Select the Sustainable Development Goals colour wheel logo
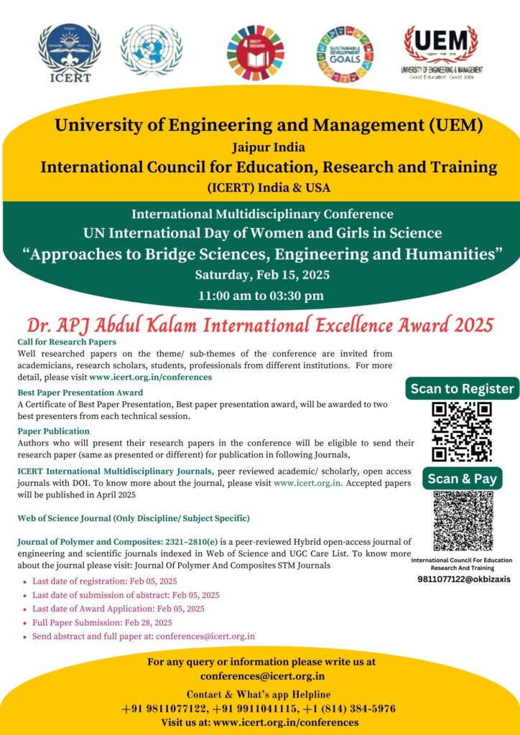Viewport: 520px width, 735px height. coord(345,55)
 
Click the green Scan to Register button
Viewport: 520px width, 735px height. coord(462,389)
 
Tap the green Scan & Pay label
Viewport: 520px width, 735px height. coord(462,479)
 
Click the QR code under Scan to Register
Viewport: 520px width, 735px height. coord(462,431)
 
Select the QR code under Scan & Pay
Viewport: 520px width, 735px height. coord(462,520)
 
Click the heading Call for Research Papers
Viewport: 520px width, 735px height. coord(66,342)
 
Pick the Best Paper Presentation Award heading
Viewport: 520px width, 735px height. coord(80,393)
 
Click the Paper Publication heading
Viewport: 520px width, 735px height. coord(53,431)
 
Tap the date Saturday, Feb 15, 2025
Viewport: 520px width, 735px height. coord(259,275)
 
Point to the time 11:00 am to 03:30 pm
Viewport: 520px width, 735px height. coord(261,295)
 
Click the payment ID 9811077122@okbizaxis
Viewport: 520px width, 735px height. coord(463,579)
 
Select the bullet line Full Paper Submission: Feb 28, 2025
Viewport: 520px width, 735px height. coord(102,622)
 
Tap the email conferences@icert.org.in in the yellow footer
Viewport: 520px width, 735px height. coord(262,676)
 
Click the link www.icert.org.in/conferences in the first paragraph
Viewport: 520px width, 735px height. coord(151,376)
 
